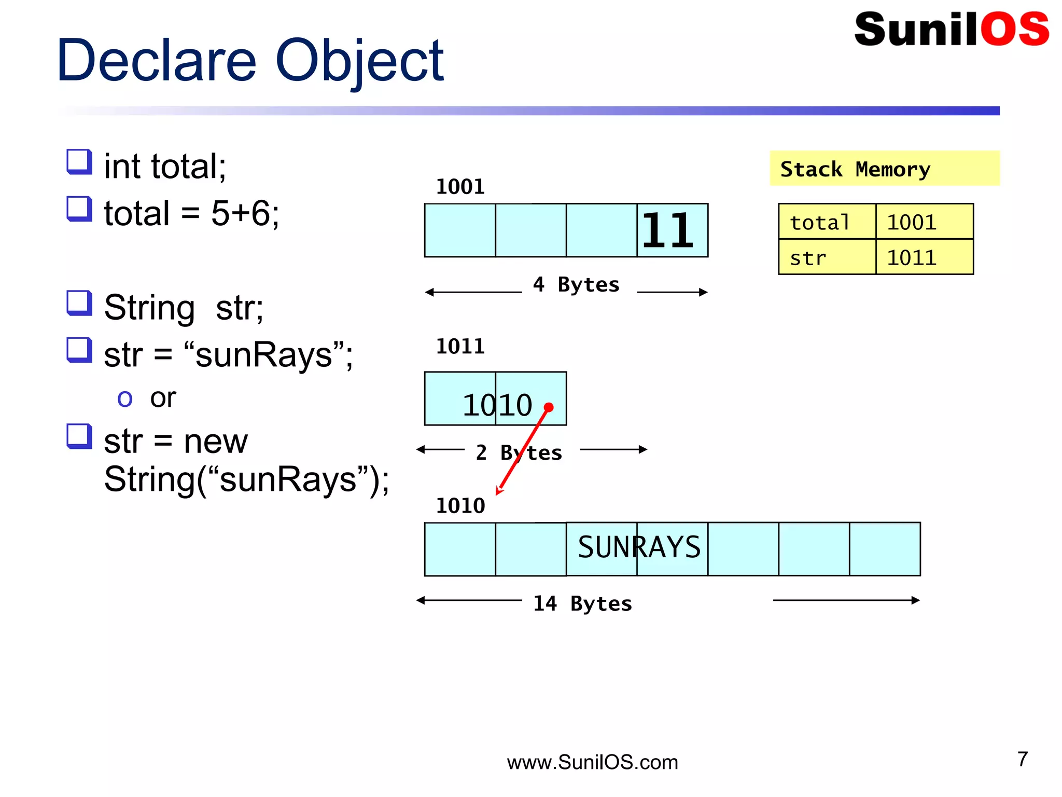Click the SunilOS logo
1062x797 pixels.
click(951, 29)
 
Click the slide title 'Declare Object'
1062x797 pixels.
click(250, 61)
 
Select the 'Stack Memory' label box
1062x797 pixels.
click(884, 168)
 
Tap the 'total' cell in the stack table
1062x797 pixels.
click(827, 222)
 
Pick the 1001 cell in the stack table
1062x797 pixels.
click(924, 222)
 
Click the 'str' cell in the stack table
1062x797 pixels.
click(827, 257)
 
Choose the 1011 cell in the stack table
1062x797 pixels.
click(924, 257)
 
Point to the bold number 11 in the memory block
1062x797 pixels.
click(668, 230)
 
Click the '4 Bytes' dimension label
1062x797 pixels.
click(576, 285)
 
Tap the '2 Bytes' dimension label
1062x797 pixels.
click(519, 453)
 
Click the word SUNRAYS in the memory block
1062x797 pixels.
click(639, 547)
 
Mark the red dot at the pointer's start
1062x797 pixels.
click(549, 407)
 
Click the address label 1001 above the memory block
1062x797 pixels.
click(460, 187)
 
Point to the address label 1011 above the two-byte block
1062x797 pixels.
click(460, 347)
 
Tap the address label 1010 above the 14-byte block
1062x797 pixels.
click(460, 506)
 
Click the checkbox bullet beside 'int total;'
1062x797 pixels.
click(79, 162)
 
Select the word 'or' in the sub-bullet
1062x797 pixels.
click(163, 398)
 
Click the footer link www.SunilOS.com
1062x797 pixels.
click(592, 762)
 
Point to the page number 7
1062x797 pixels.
click(1022, 759)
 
